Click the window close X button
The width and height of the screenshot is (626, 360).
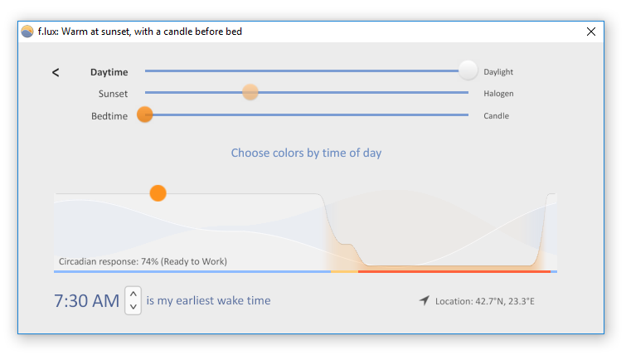[x=591, y=32]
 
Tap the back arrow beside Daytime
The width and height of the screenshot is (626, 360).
[x=56, y=72]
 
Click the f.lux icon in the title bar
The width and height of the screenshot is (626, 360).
[x=27, y=32]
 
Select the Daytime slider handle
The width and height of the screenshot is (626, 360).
[x=468, y=71]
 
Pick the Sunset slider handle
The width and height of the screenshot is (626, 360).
[x=250, y=92]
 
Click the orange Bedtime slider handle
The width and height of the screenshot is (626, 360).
[x=145, y=114]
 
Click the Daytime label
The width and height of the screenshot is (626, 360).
[x=109, y=72]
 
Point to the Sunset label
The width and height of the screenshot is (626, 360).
[x=113, y=94]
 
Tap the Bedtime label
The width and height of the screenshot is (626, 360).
[x=109, y=116]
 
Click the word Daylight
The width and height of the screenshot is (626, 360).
[x=498, y=72]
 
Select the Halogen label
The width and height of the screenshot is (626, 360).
[x=498, y=94]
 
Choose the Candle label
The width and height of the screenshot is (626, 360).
[x=497, y=116]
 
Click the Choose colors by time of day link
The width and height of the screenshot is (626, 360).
[x=306, y=153]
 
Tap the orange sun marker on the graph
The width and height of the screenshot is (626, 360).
[x=158, y=193]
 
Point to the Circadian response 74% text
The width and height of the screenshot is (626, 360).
[x=143, y=262]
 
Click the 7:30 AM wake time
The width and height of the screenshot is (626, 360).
[x=86, y=301]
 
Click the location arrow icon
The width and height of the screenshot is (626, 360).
[x=425, y=300]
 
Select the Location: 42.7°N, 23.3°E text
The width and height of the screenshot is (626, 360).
[x=485, y=301]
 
